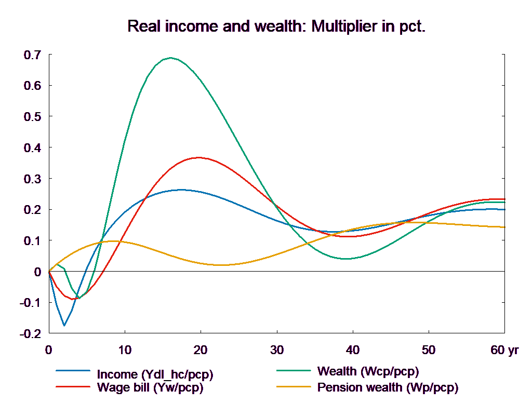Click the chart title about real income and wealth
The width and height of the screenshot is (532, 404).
point(276,26)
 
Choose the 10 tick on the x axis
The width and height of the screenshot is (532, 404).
point(125,351)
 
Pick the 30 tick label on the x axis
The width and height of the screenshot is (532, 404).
point(276,351)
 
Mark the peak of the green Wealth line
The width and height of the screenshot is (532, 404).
point(170,58)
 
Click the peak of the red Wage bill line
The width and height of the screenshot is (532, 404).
point(198,157)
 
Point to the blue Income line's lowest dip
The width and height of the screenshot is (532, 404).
point(64,326)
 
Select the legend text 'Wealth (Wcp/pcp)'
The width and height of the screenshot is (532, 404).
point(367,371)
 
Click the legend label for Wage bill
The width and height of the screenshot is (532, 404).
point(150,387)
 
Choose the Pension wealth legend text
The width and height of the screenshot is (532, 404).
point(388,387)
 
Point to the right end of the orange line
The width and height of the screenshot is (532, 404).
point(505,227)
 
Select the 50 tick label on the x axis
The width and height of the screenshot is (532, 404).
point(428,351)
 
